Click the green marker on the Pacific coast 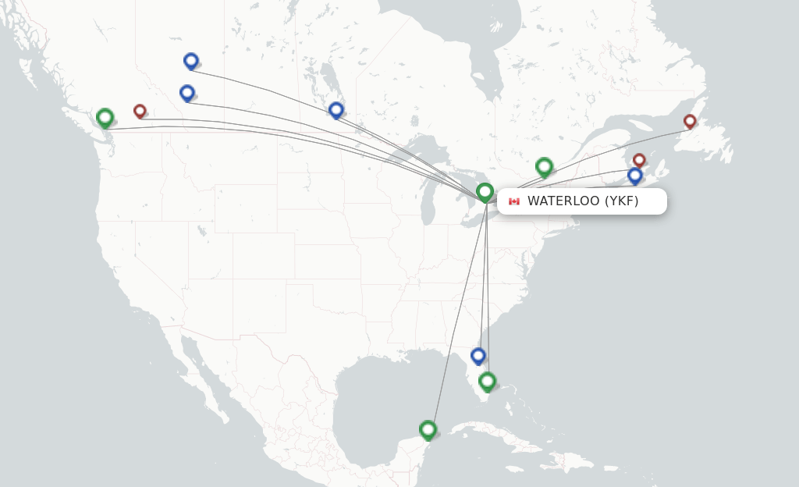[x=105, y=118]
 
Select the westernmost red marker [x=140, y=111]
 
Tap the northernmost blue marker [x=191, y=60]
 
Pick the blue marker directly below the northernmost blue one [x=187, y=93]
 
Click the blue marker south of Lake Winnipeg [x=336, y=110]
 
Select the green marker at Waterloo [x=485, y=191]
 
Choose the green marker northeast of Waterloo [x=545, y=166]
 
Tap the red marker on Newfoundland [x=690, y=121]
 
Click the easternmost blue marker [x=635, y=176]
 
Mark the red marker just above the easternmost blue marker [x=639, y=160]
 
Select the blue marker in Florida [x=478, y=356]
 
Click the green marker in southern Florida [x=488, y=381]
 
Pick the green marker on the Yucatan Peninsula [x=428, y=429]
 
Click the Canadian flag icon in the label [x=513, y=201]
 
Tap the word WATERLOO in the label [x=563, y=201]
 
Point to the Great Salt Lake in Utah [x=202, y=231]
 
